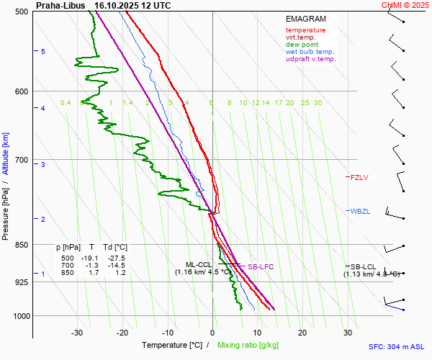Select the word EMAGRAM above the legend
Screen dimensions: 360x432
click(x=305, y=19)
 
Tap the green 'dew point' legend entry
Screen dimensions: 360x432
click(x=302, y=45)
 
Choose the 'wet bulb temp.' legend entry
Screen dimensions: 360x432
click(x=310, y=52)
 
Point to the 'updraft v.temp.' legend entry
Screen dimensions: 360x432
click(x=310, y=59)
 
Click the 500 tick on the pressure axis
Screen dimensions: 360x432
click(x=21, y=12)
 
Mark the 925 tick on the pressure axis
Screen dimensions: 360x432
click(x=21, y=282)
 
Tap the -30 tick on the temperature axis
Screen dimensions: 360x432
click(x=77, y=333)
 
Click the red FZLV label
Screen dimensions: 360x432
click(x=359, y=177)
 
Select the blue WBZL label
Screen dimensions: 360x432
click(x=360, y=211)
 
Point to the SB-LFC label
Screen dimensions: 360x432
click(x=260, y=267)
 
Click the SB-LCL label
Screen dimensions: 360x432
click(x=364, y=267)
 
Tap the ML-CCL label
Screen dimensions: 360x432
click(x=199, y=264)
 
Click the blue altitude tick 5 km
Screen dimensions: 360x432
click(x=42, y=52)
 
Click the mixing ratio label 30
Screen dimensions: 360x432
click(x=318, y=103)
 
